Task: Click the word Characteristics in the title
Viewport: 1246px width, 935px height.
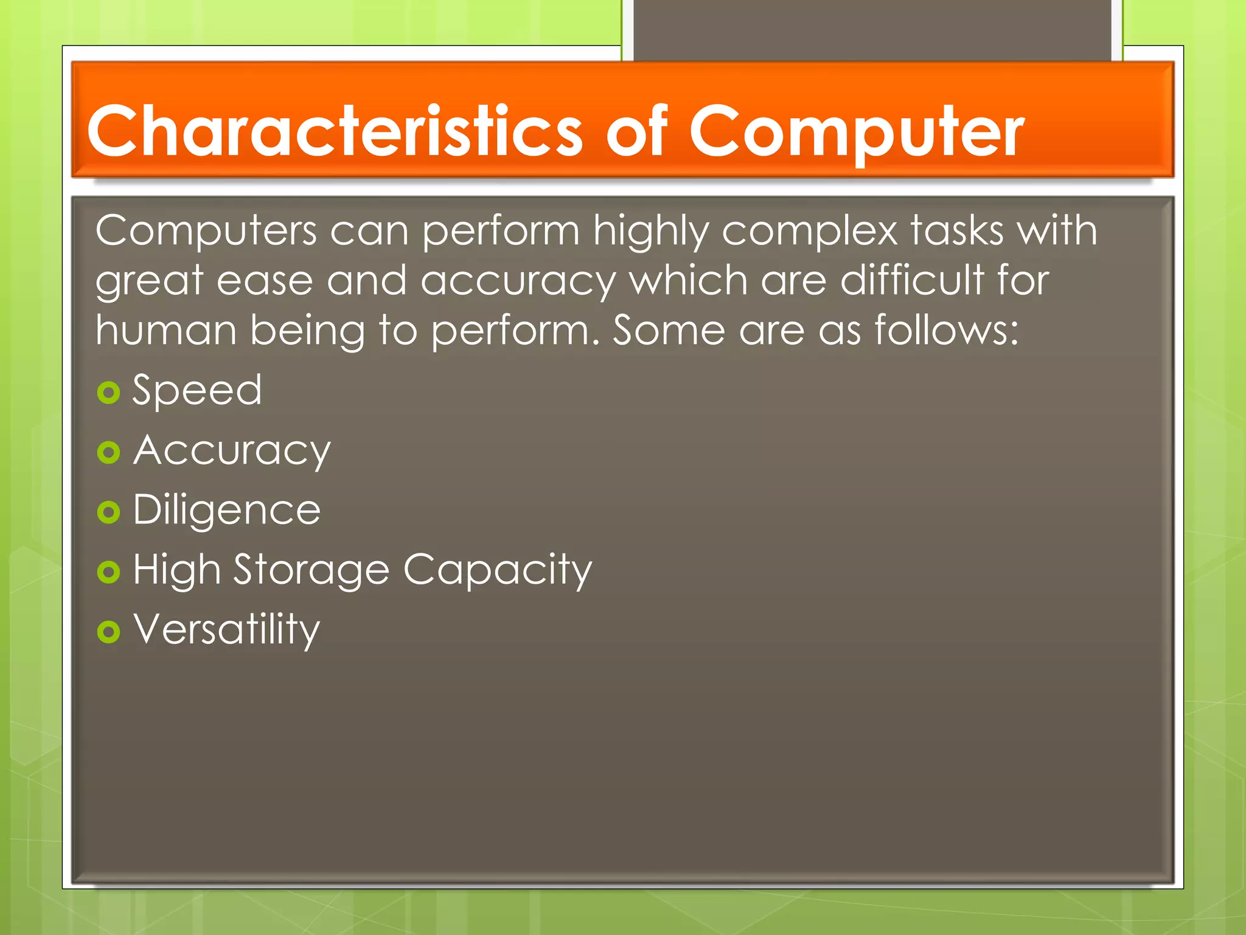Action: point(334,131)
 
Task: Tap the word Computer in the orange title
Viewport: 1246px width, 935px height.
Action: point(856,131)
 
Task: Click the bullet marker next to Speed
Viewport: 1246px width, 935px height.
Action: point(108,393)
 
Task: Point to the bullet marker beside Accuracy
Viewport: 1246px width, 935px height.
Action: point(108,452)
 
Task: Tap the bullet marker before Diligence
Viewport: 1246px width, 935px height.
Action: point(108,512)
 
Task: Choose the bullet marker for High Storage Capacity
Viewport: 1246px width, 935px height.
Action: point(108,572)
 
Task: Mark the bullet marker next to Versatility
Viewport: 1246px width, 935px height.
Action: point(108,631)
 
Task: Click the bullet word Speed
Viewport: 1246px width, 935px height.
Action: point(197,390)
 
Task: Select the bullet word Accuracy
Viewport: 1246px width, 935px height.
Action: point(232,451)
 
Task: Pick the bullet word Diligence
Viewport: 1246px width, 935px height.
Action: point(226,510)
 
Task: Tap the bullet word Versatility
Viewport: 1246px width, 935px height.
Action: point(226,629)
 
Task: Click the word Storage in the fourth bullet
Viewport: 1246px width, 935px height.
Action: point(311,570)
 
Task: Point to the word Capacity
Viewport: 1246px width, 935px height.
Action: point(497,570)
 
